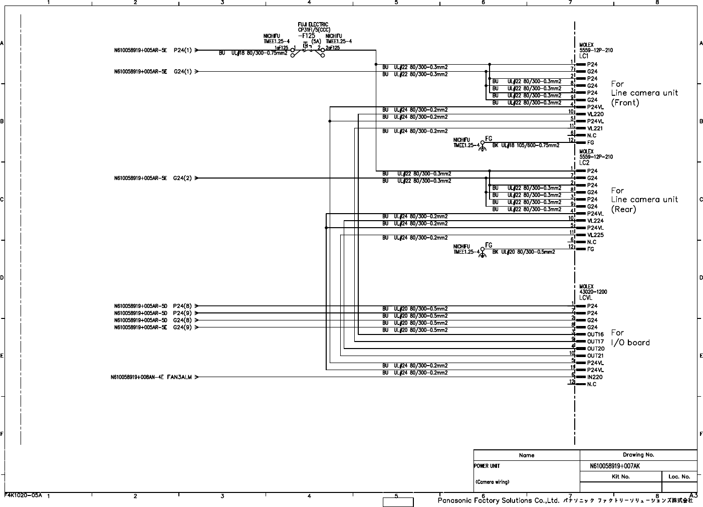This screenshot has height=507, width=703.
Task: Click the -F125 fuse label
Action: (x=306, y=36)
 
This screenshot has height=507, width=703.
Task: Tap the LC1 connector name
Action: (x=584, y=56)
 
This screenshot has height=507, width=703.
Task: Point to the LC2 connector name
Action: (x=584, y=163)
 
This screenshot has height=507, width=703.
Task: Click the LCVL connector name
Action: (x=586, y=298)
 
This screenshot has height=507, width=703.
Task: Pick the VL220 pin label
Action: (x=595, y=114)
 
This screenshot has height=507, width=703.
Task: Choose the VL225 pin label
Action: (x=595, y=235)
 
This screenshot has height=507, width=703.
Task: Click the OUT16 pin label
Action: (x=595, y=334)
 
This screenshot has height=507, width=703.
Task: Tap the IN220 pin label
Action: (x=595, y=377)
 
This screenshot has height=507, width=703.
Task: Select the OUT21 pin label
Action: (x=595, y=356)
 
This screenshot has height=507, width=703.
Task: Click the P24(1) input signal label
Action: (x=183, y=50)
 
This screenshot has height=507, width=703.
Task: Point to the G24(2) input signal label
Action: (x=183, y=178)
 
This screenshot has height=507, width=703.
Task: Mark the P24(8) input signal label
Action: (x=183, y=306)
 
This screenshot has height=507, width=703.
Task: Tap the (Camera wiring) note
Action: (x=492, y=482)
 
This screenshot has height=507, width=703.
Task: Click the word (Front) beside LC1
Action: (x=625, y=103)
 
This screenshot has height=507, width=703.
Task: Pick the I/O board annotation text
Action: (x=630, y=343)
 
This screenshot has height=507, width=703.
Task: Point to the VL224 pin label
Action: (x=595, y=221)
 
